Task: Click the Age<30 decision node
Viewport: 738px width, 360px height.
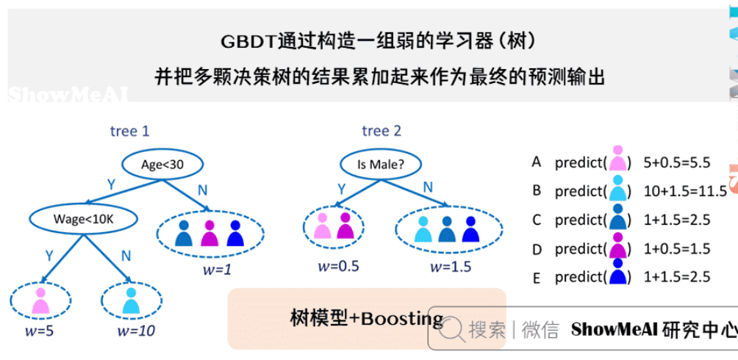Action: point(162,165)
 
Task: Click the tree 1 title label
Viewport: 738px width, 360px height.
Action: point(129,132)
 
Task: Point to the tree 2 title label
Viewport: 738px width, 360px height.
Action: point(381,132)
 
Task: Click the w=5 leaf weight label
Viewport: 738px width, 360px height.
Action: point(39,331)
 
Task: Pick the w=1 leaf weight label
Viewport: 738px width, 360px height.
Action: point(217,270)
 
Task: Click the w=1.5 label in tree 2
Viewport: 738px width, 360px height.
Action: point(451,266)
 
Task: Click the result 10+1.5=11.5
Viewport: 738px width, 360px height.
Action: point(684,190)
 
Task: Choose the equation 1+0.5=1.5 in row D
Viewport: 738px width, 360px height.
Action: point(676,248)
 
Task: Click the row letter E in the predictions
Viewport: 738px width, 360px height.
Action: point(537,278)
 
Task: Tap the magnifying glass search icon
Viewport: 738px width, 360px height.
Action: point(453,328)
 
